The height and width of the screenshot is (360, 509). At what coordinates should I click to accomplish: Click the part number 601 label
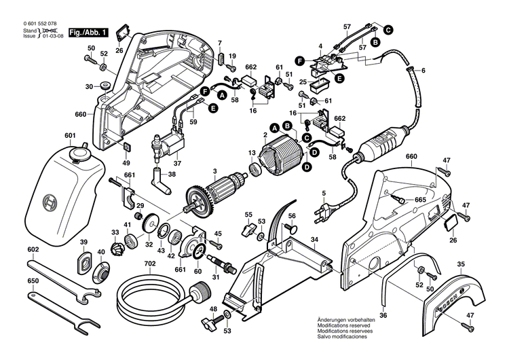[x=70, y=136]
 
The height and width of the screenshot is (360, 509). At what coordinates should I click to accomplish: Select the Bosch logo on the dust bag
[x=47, y=202]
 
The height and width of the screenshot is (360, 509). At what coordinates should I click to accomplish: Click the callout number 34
[x=314, y=239]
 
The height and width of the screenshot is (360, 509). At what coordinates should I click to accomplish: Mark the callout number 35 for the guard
[x=461, y=264]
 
